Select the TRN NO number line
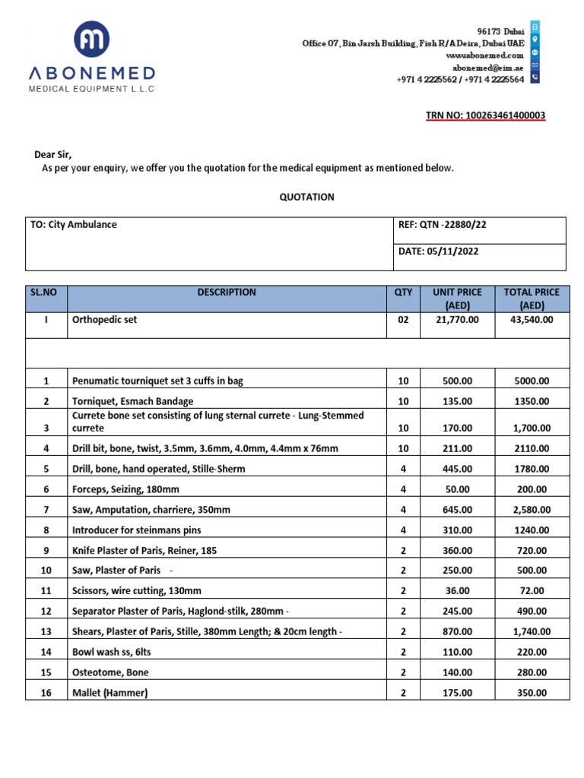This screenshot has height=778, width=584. (484, 115)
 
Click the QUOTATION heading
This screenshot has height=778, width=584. (307, 197)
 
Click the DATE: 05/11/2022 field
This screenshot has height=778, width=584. (439, 251)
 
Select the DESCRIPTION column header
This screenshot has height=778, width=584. (227, 293)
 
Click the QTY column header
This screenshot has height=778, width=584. (403, 293)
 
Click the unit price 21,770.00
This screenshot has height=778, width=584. (457, 320)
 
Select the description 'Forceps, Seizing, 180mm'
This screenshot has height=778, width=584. (125, 489)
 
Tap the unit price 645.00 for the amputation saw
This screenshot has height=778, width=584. (457, 509)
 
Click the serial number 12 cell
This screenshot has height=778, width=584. (46, 611)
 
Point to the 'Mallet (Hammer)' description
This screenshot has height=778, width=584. (109, 692)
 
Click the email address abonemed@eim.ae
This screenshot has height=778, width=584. (492, 67)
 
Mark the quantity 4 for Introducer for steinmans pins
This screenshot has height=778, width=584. (403, 530)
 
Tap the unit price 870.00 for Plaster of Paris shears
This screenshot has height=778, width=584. (457, 631)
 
